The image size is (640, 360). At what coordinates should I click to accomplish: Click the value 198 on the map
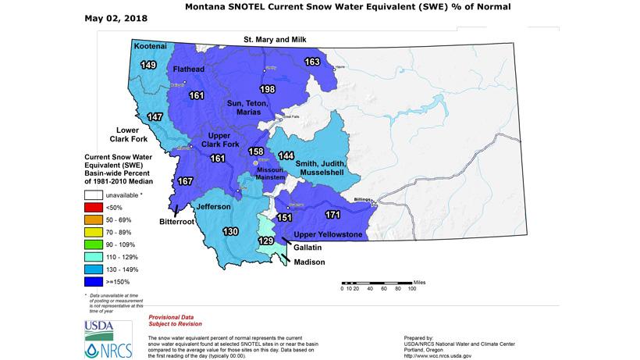click(x=268, y=89)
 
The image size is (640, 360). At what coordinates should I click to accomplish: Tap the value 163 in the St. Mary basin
click(x=311, y=62)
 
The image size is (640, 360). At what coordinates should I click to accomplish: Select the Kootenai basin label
click(x=150, y=47)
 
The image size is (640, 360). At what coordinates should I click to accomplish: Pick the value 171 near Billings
click(x=332, y=213)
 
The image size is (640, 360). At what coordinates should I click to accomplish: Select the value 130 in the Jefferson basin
click(x=231, y=232)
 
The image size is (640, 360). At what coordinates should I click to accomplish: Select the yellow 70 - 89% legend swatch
click(x=95, y=233)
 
